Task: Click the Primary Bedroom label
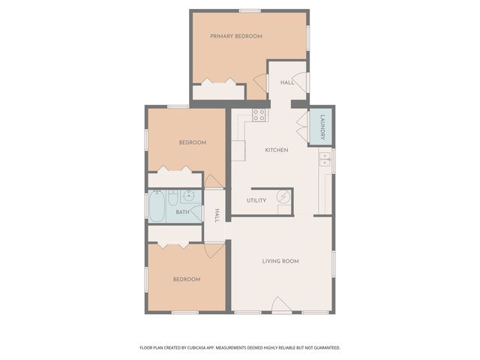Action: (x=235, y=36)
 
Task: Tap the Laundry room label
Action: (x=322, y=127)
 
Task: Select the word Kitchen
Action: (x=276, y=150)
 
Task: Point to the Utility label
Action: (x=256, y=201)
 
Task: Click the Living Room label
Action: (x=280, y=261)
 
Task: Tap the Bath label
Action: (x=182, y=212)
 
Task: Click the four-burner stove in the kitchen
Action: (x=259, y=115)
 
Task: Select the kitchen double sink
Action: (x=325, y=160)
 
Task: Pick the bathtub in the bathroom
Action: (x=157, y=206)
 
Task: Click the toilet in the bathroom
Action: (x=172, y=199)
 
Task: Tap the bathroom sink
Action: (x=189, y=196)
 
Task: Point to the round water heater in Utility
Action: (x=283, y=196)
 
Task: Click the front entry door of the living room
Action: (x=280, y=305)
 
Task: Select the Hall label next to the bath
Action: (x=216, y=215)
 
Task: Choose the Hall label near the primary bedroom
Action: (x=286, y=82)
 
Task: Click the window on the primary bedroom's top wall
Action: (x=250, y=10)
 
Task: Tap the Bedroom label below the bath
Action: (x=186, y=279)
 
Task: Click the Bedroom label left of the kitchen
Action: (x=192, y=142)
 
